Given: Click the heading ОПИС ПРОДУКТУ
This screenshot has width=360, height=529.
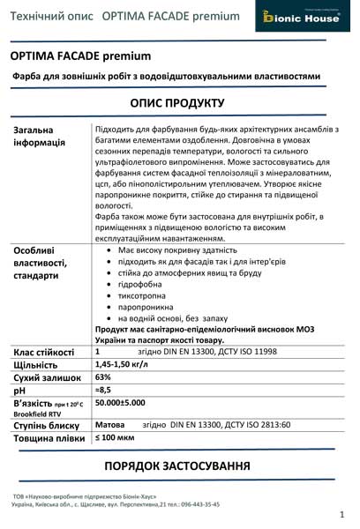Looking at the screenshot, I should click(x=177, y=103).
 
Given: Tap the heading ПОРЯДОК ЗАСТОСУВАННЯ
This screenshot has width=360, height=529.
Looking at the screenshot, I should click(x=177, y=466).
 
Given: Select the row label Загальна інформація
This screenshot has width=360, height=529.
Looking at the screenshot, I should click(x=40, y=137).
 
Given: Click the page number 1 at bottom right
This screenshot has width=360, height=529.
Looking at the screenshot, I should click(x=341, y=514).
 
